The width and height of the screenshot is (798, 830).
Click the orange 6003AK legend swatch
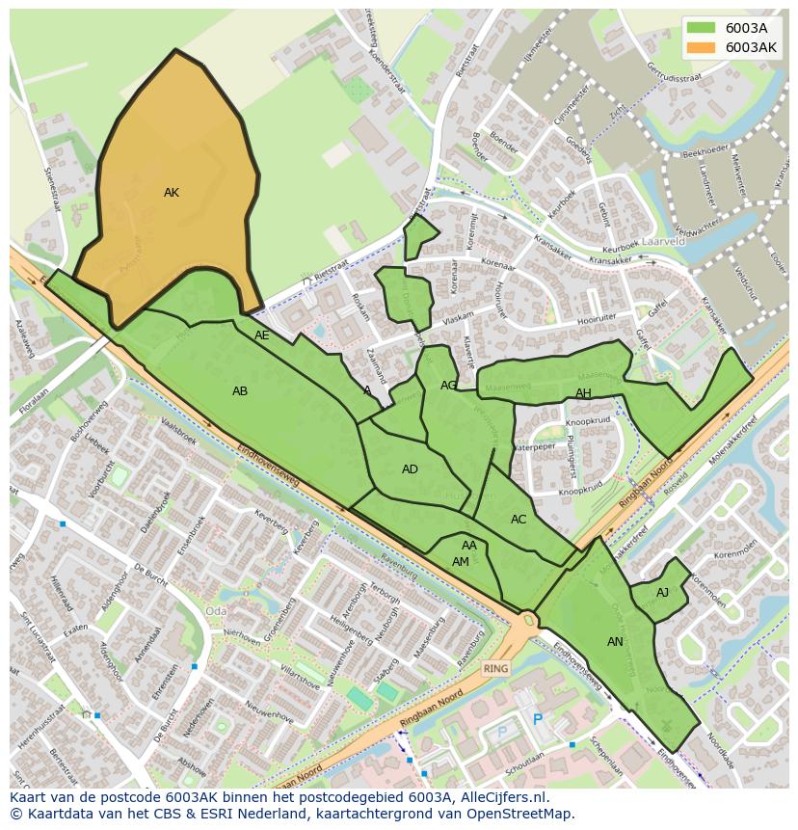[702, 47]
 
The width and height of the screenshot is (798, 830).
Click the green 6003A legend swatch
[702, 28]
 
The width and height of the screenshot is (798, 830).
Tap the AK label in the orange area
[172, 193]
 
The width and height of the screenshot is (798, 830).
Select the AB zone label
[240, 391]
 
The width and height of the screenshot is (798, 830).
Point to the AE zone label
[262, 335]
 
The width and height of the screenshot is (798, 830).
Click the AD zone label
[411, 469]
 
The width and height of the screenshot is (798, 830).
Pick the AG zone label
[448, 386]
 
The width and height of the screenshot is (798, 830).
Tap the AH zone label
[583, 393]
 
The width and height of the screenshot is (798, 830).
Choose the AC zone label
[519, 520]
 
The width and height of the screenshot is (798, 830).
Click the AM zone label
[461, 562]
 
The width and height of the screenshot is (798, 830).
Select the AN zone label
[615, 642]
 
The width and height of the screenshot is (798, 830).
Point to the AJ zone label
[662, 593]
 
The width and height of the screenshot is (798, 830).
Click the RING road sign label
[496, 668]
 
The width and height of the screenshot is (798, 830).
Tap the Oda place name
[216, 610]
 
